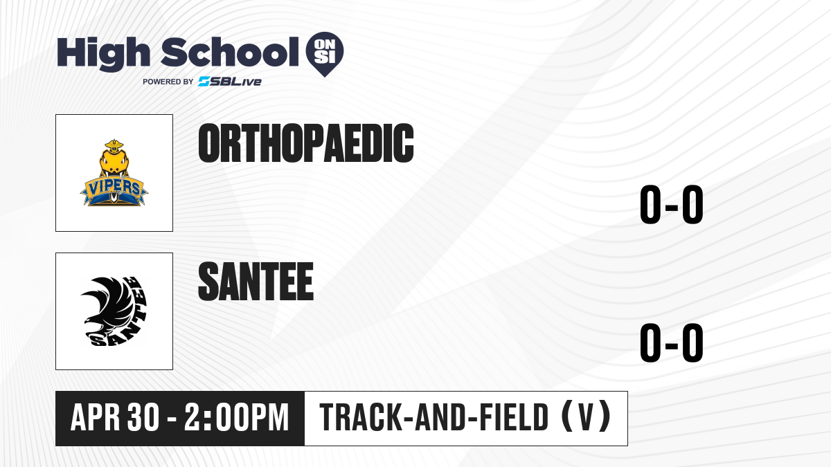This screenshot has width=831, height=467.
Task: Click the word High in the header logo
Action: pos(103,54)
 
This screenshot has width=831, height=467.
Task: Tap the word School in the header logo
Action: pos(230,52)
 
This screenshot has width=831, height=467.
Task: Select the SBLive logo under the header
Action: pos(230,82)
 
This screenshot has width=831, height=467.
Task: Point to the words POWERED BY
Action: pos(168,82)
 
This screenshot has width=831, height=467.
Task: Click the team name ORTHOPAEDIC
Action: pos(306,143)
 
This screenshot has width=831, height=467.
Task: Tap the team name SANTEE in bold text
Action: pos(256,282)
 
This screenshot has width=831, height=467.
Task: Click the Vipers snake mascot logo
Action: pos(114,173)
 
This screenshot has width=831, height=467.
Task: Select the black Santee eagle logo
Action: pos(114,311)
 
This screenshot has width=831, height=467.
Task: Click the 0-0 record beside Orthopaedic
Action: pos(672,204)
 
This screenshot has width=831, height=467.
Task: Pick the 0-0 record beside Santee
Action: pos(672,342)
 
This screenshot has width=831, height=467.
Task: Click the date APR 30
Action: pos(115,417)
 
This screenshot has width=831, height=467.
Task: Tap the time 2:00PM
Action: pos(236,417)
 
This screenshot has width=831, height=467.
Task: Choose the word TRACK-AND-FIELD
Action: pos(434,417)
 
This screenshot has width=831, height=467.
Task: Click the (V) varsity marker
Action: pos(586,416)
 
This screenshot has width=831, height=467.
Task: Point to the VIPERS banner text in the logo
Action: pos(114,188)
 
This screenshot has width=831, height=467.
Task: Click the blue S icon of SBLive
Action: pos(204,82)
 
